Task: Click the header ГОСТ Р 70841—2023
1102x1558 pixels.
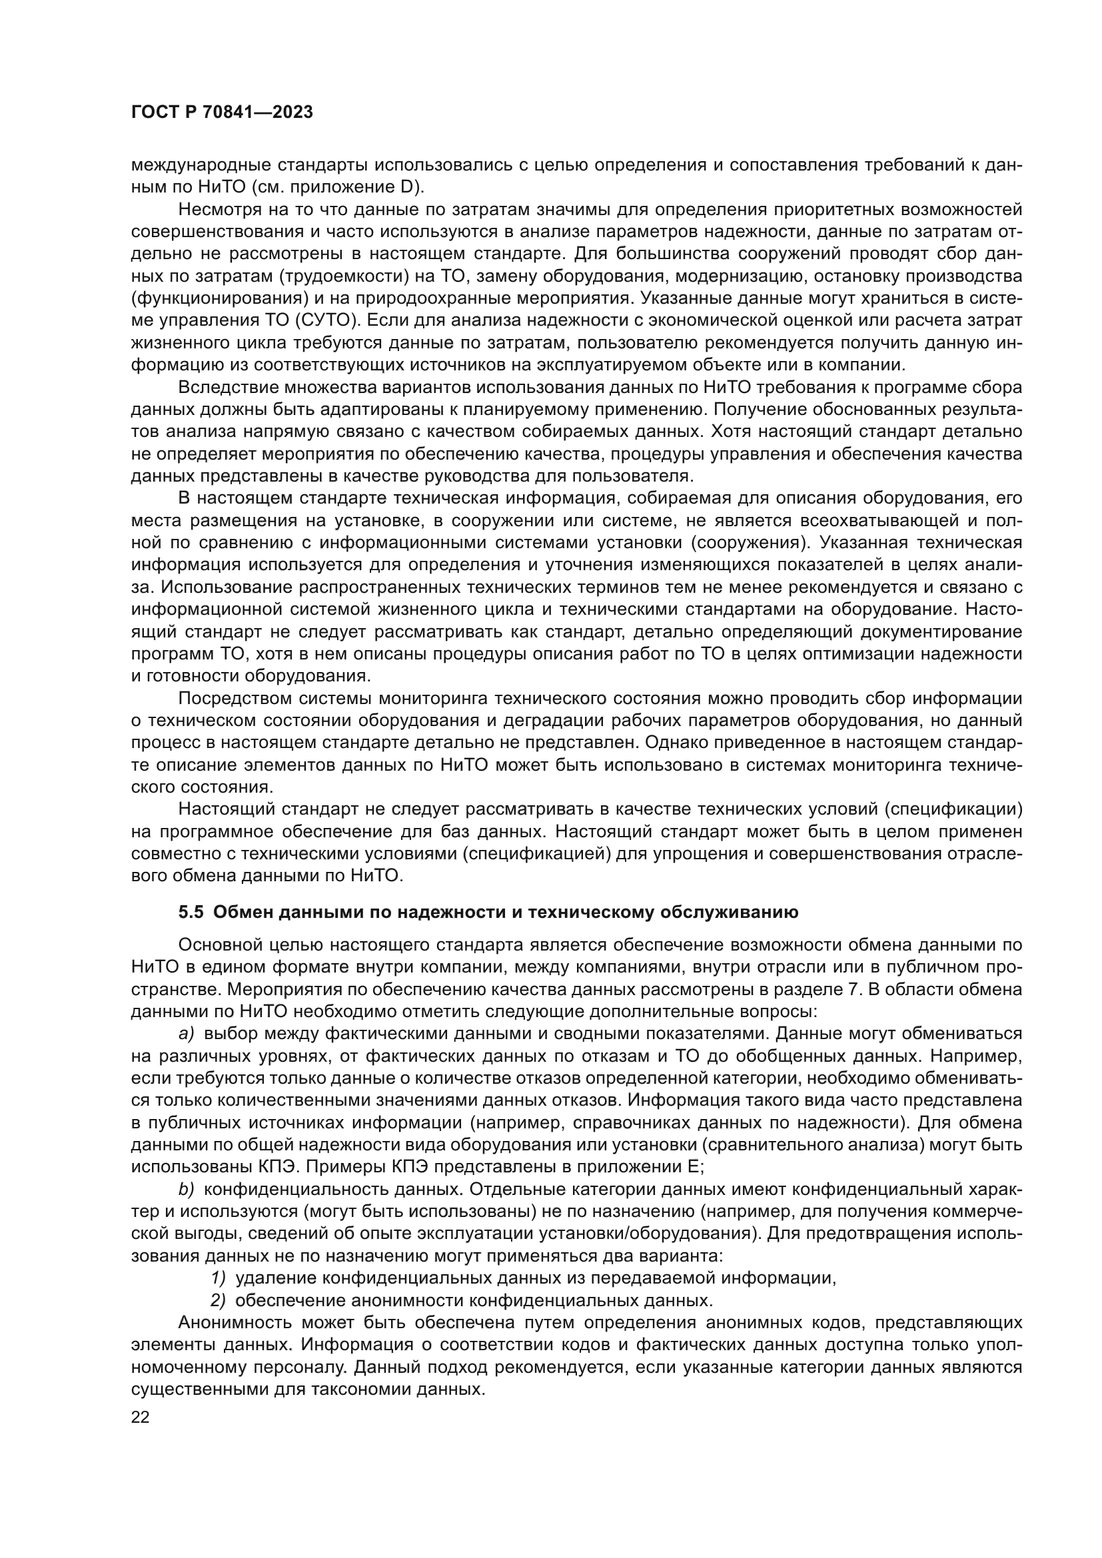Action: click(x=222, y=113)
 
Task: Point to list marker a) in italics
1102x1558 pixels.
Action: click(x=186, y=1034)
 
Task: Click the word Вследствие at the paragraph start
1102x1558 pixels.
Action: click(x=229, y=388)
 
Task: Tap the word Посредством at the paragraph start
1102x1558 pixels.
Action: click(x=235, y=698)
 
